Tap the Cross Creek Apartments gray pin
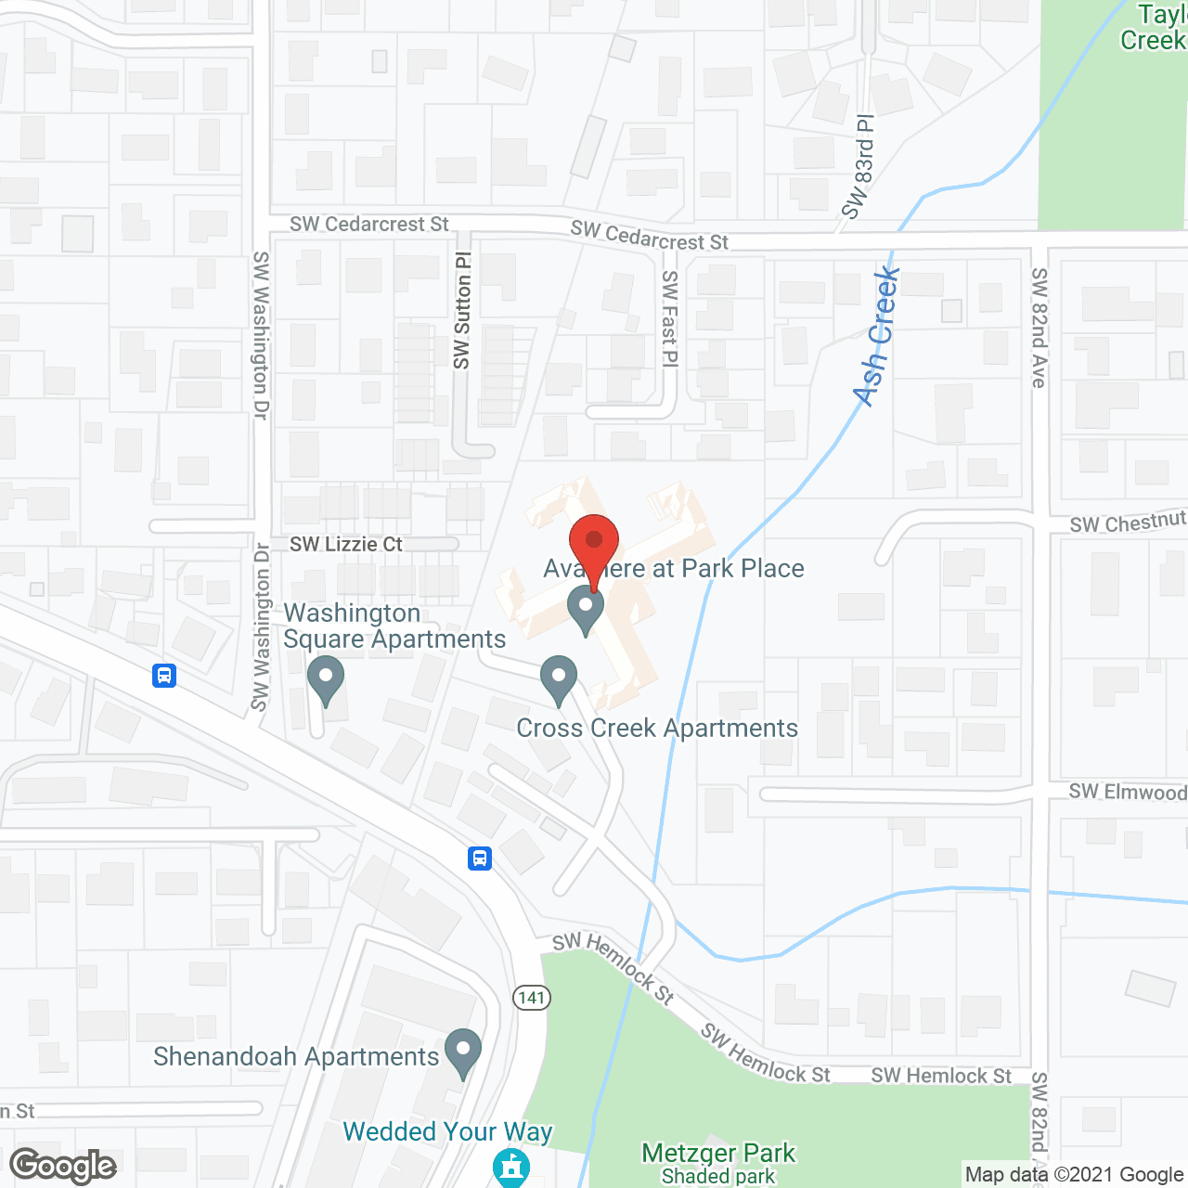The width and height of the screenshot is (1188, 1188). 558,680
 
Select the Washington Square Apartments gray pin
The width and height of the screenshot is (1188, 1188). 325,680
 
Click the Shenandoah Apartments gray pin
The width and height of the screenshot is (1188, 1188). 463,1053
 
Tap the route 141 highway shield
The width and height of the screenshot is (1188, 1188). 532,998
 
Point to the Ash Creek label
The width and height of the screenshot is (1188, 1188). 877,336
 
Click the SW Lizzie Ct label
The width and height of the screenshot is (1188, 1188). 346,544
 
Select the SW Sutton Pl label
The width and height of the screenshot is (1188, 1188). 462,310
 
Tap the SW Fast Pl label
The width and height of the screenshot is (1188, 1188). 670,318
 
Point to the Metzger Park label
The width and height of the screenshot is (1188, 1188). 718,1154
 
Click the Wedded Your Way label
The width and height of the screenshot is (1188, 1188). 447,1131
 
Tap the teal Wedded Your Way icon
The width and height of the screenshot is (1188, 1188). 510,1167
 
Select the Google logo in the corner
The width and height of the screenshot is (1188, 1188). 63,1166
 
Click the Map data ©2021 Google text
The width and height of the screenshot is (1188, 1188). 1074,1174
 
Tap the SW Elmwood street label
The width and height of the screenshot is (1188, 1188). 1127,792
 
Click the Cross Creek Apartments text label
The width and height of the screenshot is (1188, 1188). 657,728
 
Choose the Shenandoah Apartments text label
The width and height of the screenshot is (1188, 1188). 296,1056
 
